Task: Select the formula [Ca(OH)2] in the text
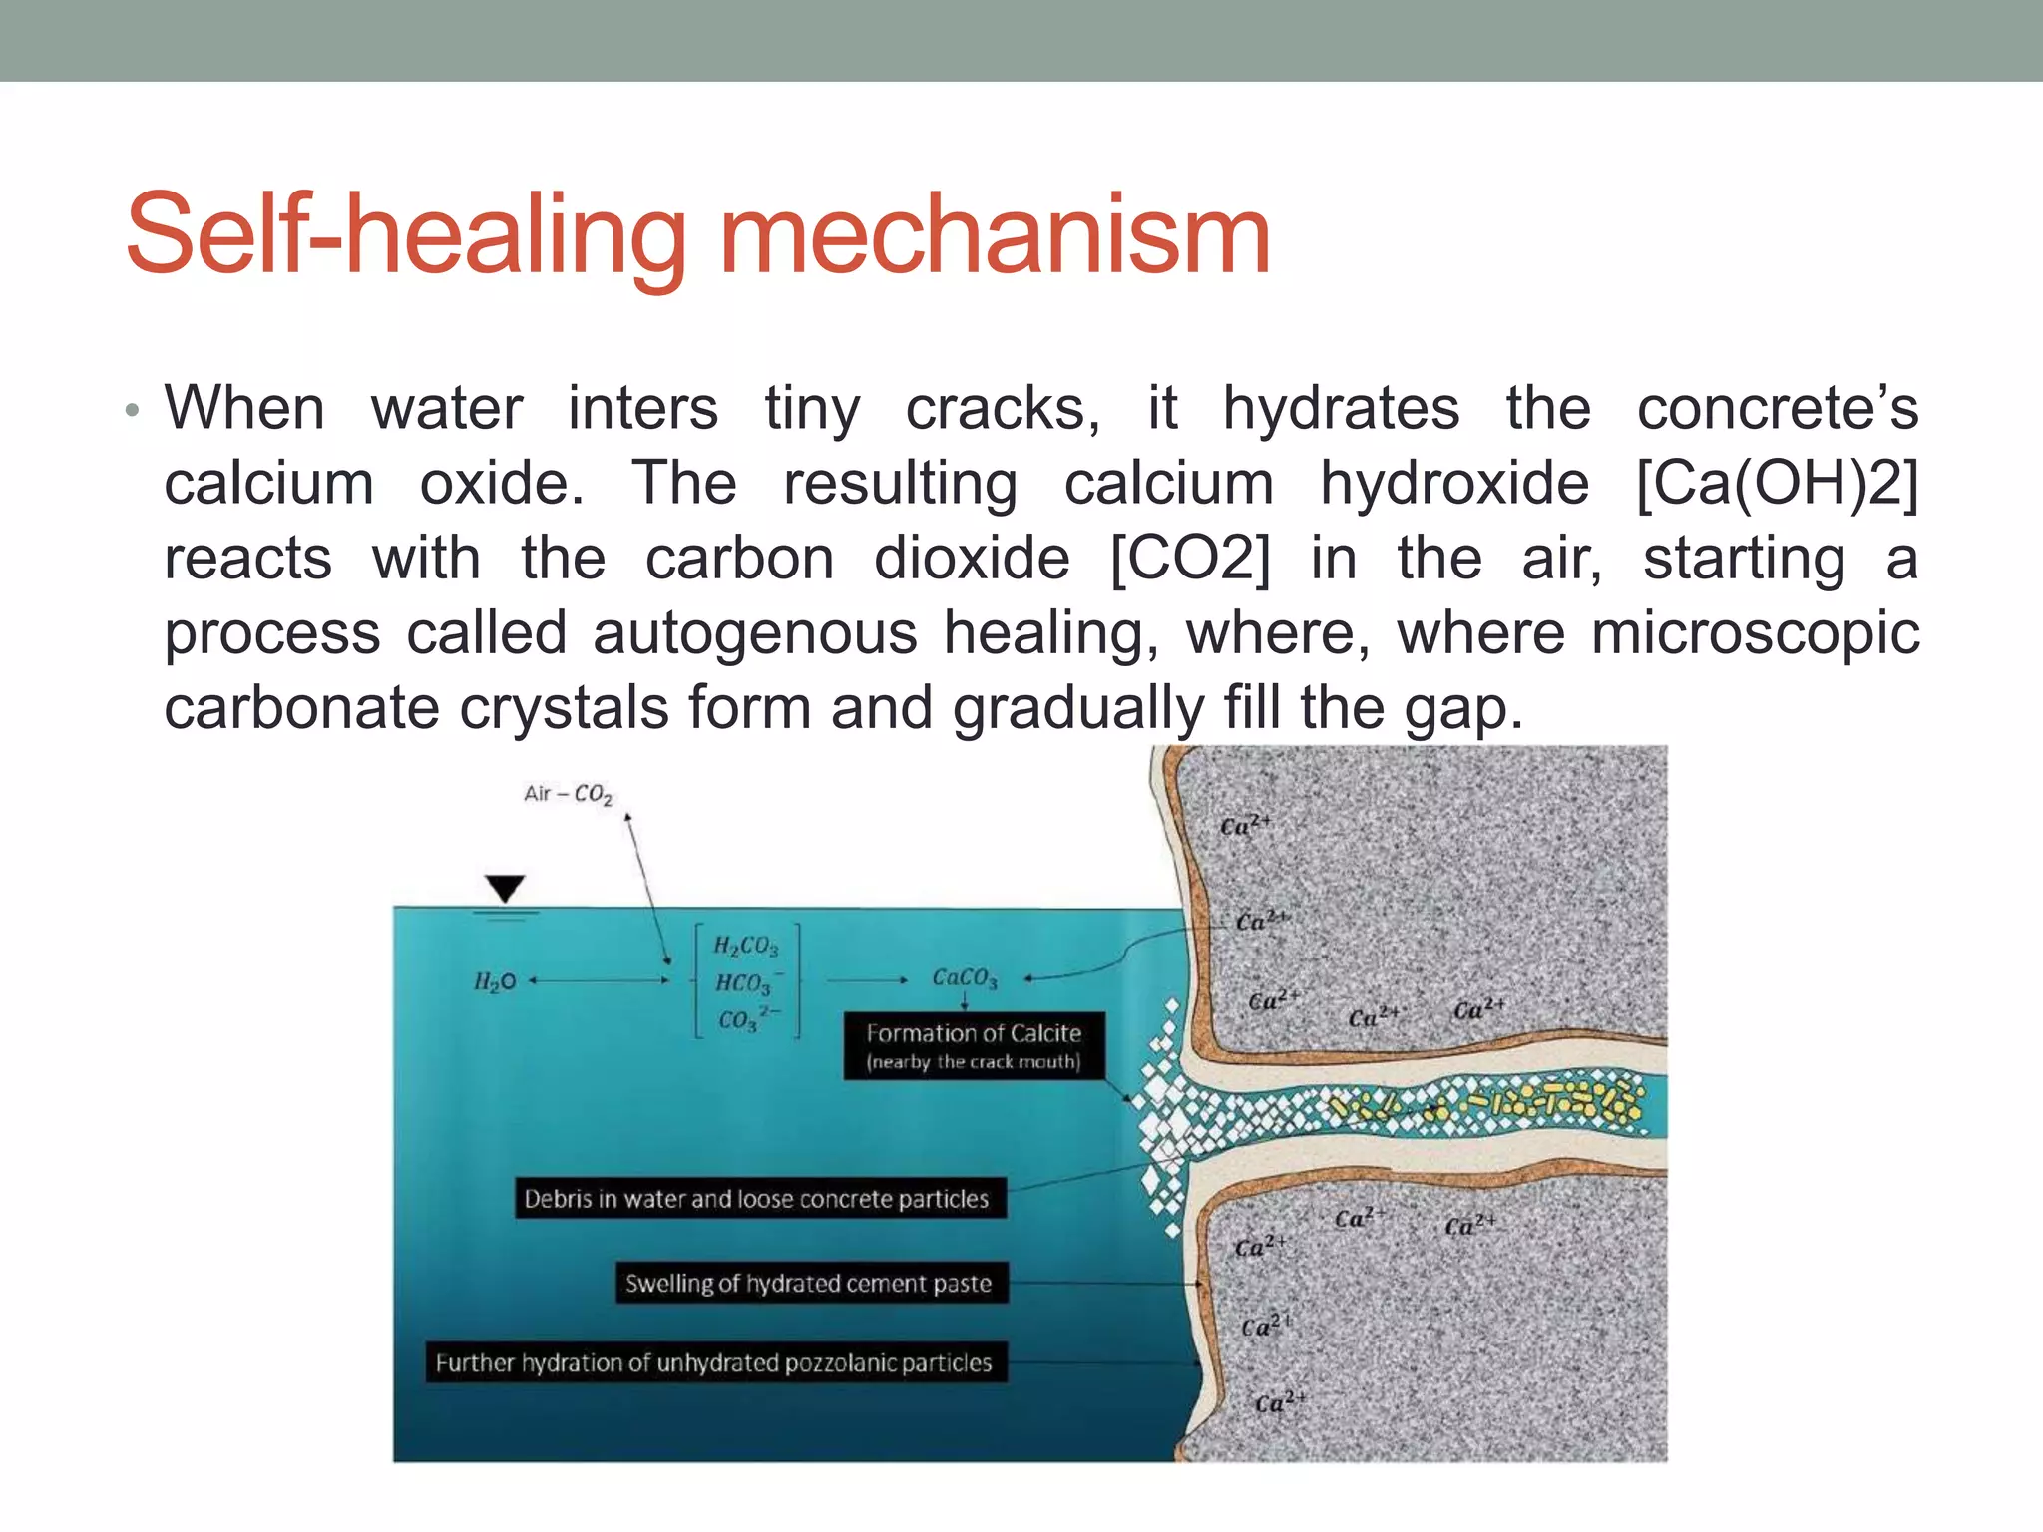point(1777,484)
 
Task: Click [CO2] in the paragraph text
point(1190,559)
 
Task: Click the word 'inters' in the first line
point(642,409)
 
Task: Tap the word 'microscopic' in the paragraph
point(1755,633)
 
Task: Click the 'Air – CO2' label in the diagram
point(568,794)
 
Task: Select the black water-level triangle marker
point(505,887)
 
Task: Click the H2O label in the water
point(495,981)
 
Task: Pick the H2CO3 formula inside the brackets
point(745,945)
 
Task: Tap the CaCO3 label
point(964,977)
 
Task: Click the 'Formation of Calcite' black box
point(974,1045)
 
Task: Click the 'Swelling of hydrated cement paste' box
point(809,1283)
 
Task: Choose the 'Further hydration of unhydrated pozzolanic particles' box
point(714,1362)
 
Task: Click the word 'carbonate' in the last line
point(301,708)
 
